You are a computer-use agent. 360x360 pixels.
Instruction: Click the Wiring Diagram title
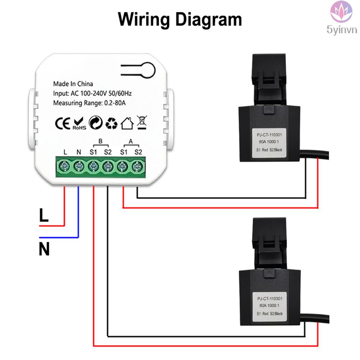pos(180,20)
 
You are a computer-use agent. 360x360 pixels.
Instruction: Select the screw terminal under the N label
pos(79,166)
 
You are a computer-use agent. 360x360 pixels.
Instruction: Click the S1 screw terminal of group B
pos(94,166)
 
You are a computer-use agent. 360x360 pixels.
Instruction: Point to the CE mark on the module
pos(63,123)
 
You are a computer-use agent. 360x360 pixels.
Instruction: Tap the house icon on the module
pos(127,123)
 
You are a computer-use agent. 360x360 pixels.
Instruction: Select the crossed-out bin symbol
pos(141,122)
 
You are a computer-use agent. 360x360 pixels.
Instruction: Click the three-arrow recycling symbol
pos(111,123)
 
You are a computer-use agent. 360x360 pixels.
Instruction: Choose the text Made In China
pos(73,84)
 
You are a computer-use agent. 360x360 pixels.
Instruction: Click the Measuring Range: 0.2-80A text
pos(90,103)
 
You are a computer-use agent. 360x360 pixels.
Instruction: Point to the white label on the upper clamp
pos(269,143)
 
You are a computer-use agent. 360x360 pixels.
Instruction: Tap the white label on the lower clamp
pos(270,307)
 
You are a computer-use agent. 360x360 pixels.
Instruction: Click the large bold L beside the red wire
pos(44,215)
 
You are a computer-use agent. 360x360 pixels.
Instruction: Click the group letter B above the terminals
pos(100,141)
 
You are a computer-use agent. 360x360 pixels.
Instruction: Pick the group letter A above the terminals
pos(131,141)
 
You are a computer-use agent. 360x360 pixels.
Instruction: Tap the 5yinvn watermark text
pos(342,30)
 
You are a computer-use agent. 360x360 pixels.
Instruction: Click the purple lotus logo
pos(341,12)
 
